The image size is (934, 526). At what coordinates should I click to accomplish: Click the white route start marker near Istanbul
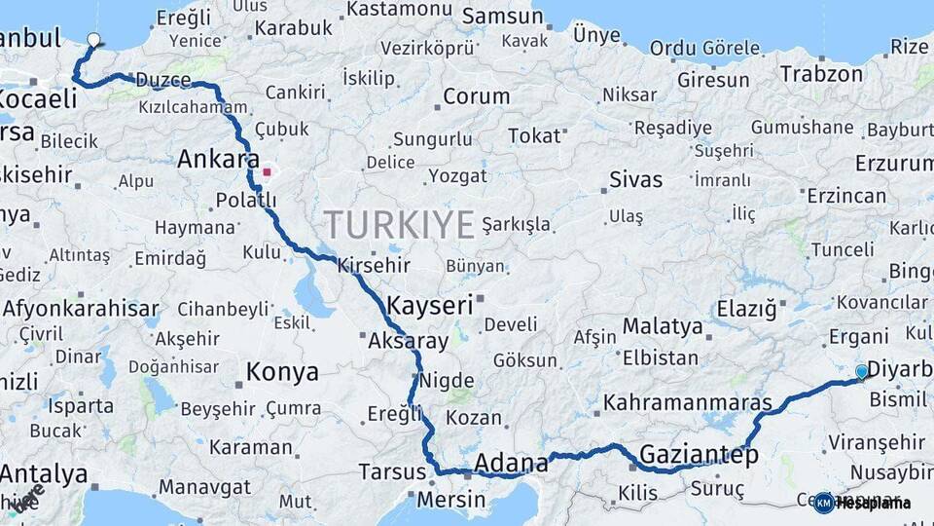[93, 40]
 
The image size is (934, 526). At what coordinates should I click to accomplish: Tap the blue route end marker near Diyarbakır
[861, 371]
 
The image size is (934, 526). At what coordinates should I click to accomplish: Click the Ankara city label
[218, 159]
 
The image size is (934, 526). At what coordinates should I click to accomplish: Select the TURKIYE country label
[399, 225]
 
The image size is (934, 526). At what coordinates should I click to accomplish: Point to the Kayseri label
[429, 305]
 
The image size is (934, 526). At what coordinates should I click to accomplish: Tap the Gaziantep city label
[698, 454]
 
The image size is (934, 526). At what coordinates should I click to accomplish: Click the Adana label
[511, 462]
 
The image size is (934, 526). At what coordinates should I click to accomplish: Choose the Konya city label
[282, 372]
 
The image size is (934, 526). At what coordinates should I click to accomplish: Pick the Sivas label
[635, 180]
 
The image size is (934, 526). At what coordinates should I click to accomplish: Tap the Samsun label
[502, 17]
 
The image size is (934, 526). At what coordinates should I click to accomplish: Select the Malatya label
[662, 325]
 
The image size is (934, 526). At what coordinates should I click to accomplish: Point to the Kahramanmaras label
[688, 402]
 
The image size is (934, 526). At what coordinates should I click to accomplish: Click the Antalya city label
[44, 474]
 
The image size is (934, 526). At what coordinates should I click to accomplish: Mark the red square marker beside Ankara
[267, 172]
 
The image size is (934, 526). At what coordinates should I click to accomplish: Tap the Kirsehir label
[374, 265]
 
